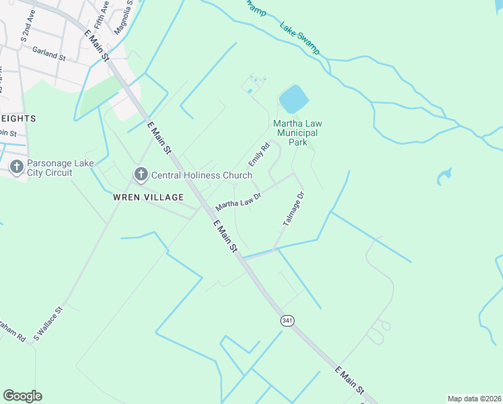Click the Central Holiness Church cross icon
pyautogui.click(x=141, y=175)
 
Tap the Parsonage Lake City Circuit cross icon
pyautogui.click(x=16, y=166)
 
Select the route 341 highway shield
pyautogui.click(x=288, y=321)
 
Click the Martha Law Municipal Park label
pyautogui.click(x=299, y=133)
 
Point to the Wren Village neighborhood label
pyautogui.click(x=149, y=197)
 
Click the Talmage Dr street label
pyautogui.click(x=294, y=208)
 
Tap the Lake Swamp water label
pyautogui.click(x=300, y=39)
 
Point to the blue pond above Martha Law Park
pyautogui.click(x=293, y=100)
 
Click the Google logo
pyautogui.click(x=22, y=396)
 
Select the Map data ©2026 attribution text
pyautogui.click(x=473, y=399)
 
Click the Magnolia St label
pyautogui.click(x=122, y=18)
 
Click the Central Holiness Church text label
pyautogui.click(x=202, y=176)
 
